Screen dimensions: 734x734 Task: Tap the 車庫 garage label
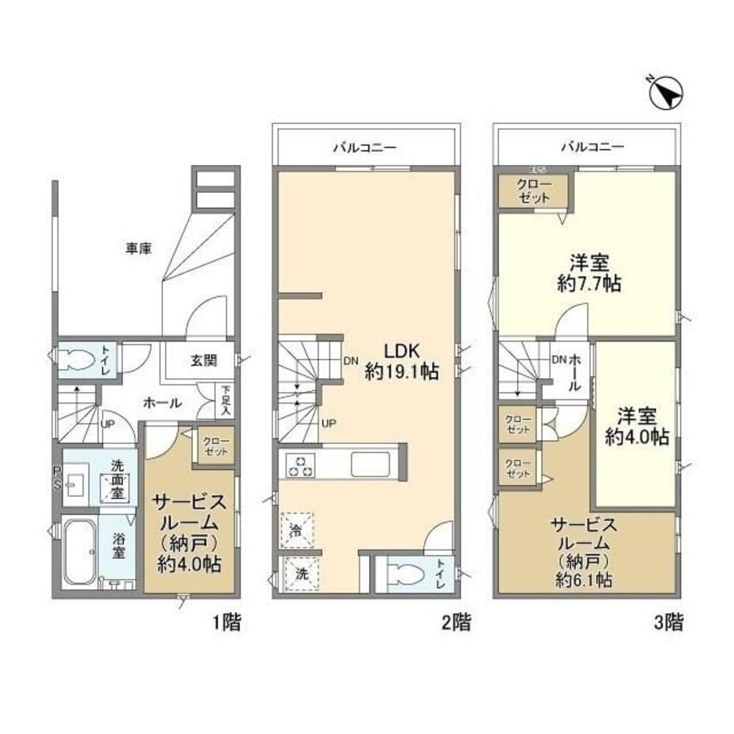point(139,249)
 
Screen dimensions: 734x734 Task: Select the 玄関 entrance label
point(203,360)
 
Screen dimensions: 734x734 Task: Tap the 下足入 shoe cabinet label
point(226,401)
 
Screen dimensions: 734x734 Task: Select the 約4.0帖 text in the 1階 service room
point(189,564)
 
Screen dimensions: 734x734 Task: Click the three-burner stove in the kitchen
point(300,466)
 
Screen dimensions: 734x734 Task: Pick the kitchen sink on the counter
point(370,464)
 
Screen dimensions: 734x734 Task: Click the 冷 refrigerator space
point(297,531)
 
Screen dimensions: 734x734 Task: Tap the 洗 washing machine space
point(301,573)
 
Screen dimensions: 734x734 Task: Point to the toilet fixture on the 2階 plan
point(408,573)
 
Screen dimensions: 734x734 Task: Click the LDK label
point(401,351)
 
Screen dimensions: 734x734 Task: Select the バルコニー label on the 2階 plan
point(365,148)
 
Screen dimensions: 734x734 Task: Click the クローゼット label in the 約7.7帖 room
point(533,191)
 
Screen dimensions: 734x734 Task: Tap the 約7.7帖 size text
point(589,283)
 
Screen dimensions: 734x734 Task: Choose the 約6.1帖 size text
point(584,581)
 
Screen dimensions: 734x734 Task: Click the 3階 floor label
point(668,623)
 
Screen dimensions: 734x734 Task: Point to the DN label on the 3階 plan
point(559,360)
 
